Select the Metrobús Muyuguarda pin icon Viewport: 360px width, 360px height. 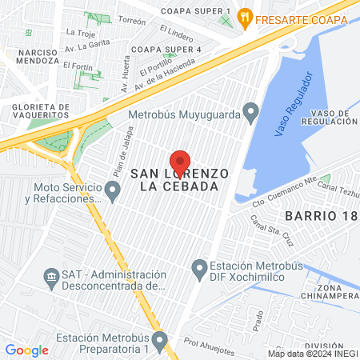(250, 110)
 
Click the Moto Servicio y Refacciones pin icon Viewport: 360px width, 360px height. (113, 190)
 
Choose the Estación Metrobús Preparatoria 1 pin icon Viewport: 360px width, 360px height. (159, 342)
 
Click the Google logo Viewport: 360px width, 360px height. (26, 350)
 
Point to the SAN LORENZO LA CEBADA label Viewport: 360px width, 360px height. (180, 179)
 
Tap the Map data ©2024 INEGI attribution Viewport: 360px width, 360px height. (312, 354)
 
